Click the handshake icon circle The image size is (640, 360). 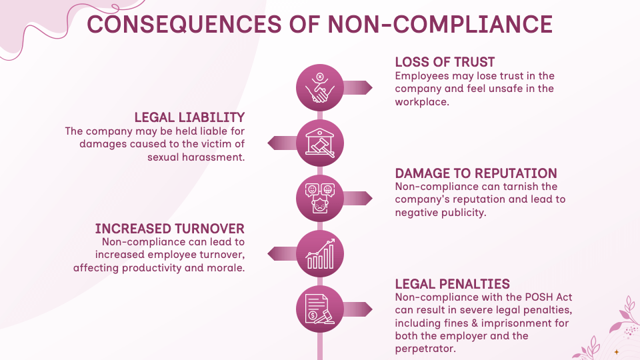320,87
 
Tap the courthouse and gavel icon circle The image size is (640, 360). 320,143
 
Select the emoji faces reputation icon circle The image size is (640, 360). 320,198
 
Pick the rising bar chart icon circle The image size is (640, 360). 320,253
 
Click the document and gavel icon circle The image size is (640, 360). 320,309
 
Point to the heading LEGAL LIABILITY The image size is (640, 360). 189,117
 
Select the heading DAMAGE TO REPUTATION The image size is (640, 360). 476,173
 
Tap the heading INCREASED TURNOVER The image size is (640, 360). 169,229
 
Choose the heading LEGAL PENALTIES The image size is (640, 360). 453,283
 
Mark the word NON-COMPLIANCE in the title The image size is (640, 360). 440,23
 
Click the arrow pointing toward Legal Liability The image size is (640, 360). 281,143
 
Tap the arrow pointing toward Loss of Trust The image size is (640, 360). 359,87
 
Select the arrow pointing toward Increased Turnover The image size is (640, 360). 281,253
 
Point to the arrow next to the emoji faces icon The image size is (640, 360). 359,198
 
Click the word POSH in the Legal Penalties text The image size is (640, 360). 518,297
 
